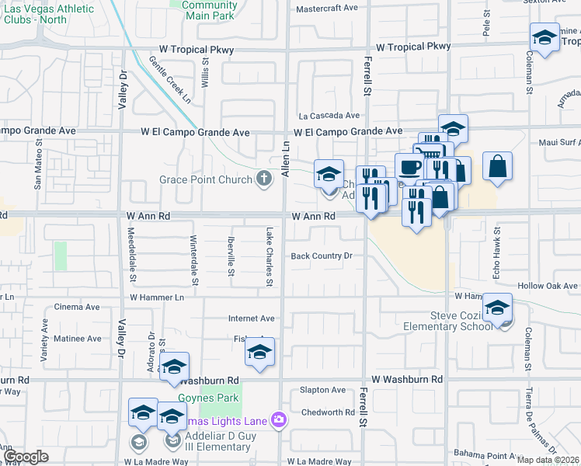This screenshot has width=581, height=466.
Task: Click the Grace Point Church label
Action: point(206,180)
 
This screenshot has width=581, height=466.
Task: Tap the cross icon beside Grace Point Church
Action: point(264,180)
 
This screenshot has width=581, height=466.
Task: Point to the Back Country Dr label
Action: point(322,256)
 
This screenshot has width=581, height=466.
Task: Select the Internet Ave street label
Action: point(251,318)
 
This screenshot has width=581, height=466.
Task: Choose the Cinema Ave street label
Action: point(77,308)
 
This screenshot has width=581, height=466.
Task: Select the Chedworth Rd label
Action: point(327,412)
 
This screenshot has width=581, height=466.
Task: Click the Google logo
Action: point(26,457)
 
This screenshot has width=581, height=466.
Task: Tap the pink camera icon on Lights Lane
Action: point(278,420)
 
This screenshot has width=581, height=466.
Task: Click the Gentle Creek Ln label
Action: point(170,80)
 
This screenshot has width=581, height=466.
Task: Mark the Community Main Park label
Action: point(209,9)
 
